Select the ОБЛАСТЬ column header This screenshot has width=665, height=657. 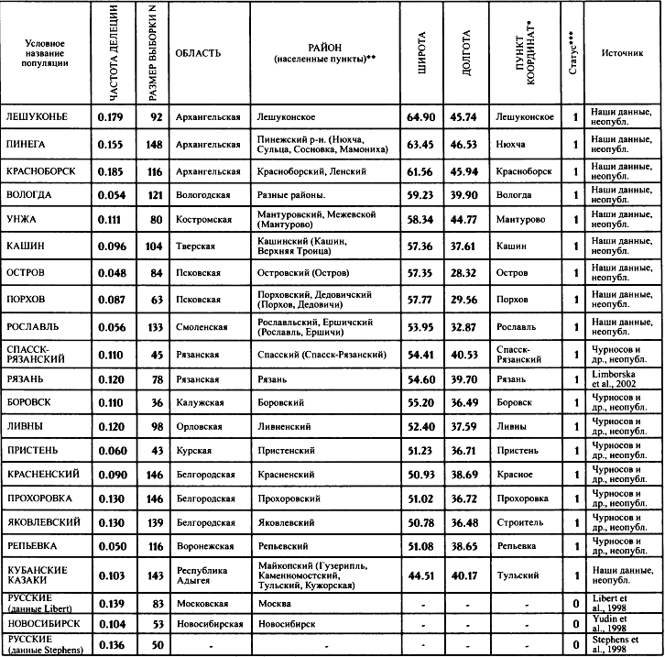(197, 53)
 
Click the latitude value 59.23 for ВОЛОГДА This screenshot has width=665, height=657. (420, 195)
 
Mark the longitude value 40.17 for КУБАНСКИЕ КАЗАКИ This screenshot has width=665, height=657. (464, 575)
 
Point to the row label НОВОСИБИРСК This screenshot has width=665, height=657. (42, 623)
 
